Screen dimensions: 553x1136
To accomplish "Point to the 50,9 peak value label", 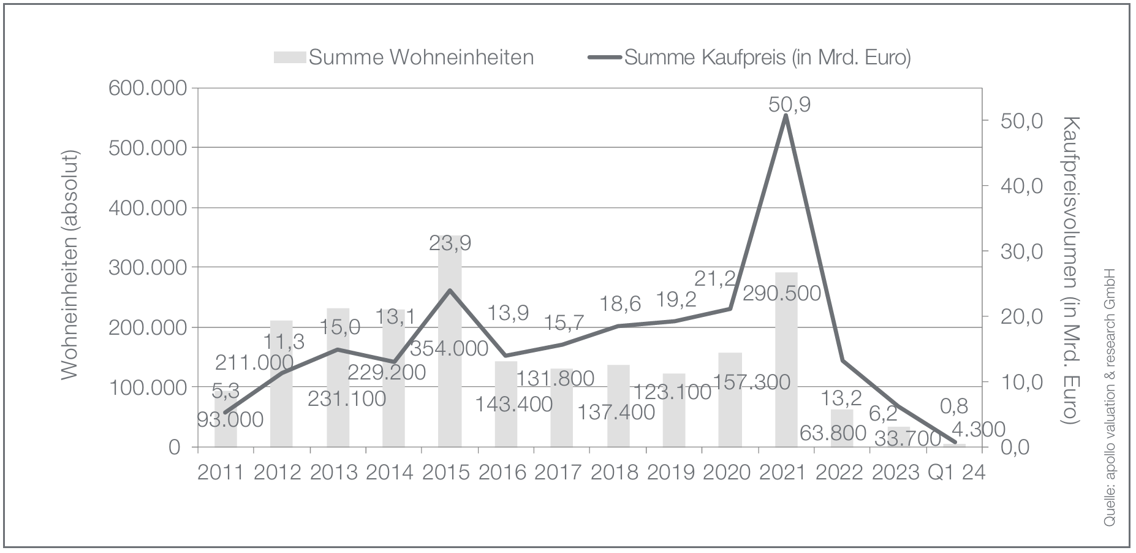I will [x=789, y=104].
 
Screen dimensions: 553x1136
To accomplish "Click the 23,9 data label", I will [x=449, y=243].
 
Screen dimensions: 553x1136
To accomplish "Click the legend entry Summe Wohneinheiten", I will [x=404, y=57].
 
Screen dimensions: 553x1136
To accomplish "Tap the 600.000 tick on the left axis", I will [x=147, y=88].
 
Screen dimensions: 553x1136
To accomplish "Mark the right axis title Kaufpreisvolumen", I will [x=1069, y=270].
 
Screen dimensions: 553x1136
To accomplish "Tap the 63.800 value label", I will [x=833, y=433].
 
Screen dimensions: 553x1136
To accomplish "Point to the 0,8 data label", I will [x=953, y=406].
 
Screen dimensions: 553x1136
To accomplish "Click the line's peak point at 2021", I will [x=786, y=116].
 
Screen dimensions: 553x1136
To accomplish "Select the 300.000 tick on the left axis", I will [x=147, y=268].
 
